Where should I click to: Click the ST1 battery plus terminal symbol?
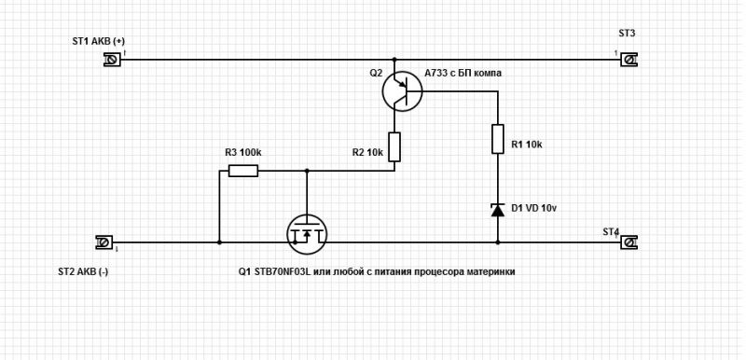pyautogui.click(x=112, y=60)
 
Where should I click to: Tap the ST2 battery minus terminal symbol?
pyautogui.click(x=104, y=242)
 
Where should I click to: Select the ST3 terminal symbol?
pyautogui.click(x=629, y=60)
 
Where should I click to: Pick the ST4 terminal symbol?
pyautogui.click(x=629, y=242)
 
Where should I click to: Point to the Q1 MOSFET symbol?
pyautogui.click(x=307, y=234)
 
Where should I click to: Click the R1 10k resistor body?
pyautogui.click(x=498, y=139)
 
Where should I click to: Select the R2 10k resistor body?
pyautogui.click(x=394, y=147)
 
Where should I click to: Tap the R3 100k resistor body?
pyautogui.click(x=243, y=171)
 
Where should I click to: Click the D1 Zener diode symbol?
pyautogui.click(x=498, y=210)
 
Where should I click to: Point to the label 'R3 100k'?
pyautogui.click(x=242, y=153)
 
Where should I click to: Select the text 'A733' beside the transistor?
pyautogui.click(x=435, y=74)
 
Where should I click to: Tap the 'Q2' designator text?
pyautogui.click(x=376, y=74)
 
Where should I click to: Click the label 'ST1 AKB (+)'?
pyautogui.click(x=99, y=41)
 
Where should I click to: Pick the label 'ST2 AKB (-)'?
pyautogui.click(x=83, y=272)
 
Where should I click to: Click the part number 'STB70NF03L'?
pyautogui.click(x=280, y=272)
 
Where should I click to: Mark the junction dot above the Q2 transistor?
pyautogui.click(x=394, y=60)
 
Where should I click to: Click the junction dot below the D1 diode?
pyautogui.click(x=498, y=242)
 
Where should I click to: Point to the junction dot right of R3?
pyautogui.click(x=307, y=171)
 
